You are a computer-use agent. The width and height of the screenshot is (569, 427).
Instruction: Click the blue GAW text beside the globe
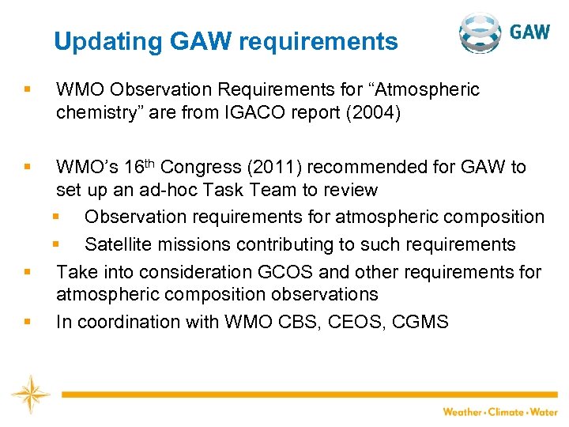(x=529, y=32)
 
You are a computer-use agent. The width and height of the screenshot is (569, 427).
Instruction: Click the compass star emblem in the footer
(x=30, y=393)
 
